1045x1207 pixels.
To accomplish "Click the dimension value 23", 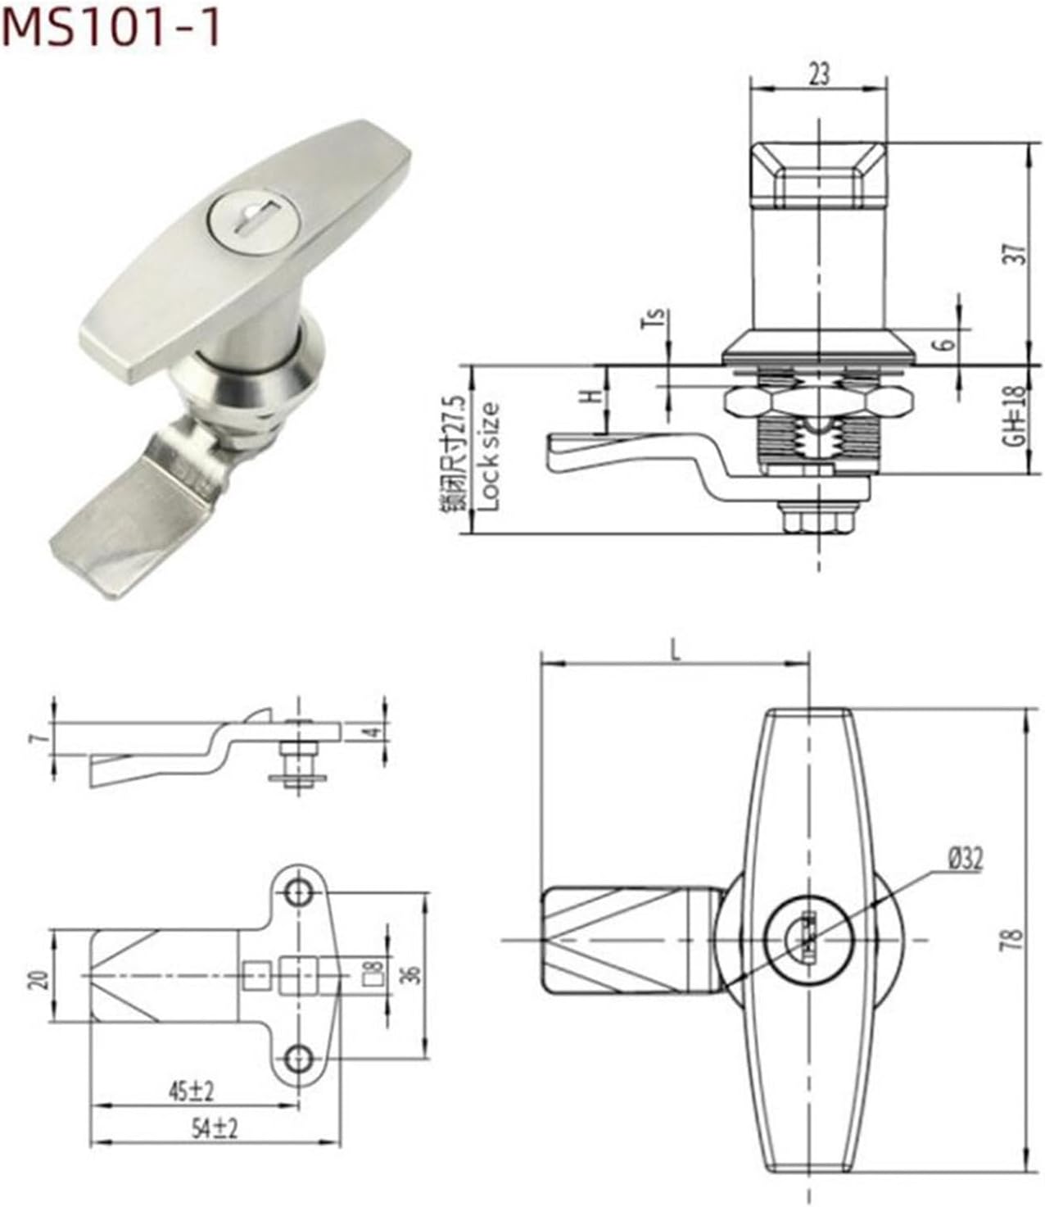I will (819, 74).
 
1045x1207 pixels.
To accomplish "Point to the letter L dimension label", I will (675, 651).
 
